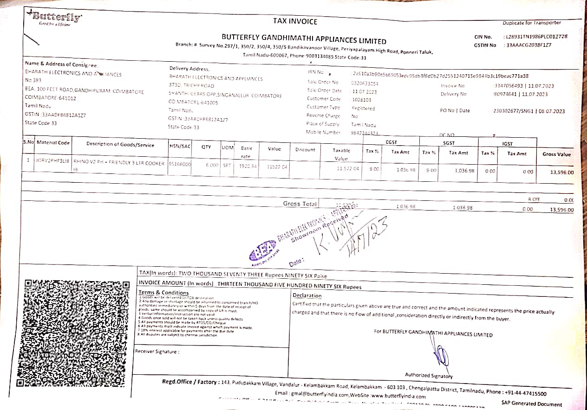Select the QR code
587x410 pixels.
[72, 333]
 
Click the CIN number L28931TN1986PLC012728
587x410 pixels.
[535, 37]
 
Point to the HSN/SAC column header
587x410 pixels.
[180, 147]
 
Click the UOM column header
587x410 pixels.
[227, 147]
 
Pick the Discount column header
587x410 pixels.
[305, 150]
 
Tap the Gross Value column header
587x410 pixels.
[556, 154]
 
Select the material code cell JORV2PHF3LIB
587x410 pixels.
[52, 160]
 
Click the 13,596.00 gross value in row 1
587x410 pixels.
[561, 172]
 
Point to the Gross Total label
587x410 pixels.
[300, 204]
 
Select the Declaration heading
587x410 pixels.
[307, 295]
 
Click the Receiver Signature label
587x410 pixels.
[157, 351]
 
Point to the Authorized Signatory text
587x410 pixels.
[428, 375]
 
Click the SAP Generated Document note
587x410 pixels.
[531, 404]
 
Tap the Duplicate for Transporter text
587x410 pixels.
[531, 23]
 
